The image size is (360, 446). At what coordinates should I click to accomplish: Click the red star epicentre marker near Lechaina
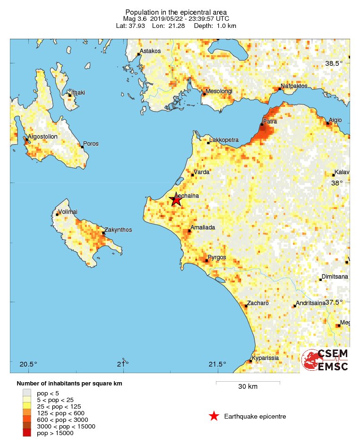pos(176,201)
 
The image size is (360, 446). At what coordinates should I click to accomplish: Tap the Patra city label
pos(270,122)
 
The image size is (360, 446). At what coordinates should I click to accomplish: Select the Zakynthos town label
pos(118,230)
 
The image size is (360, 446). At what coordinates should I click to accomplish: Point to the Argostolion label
pos(43,137)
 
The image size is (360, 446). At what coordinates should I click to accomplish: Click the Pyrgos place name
pos(217,257)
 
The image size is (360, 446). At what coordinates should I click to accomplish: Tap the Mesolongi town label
pos(219,91)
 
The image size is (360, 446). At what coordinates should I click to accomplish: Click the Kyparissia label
pos(265,358)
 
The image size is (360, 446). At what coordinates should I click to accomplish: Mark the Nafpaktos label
pos(294,86)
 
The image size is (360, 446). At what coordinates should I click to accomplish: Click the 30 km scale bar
pos(248,382)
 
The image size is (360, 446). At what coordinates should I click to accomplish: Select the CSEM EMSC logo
pos(326,360)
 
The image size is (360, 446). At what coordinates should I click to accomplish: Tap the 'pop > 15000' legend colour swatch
pos(27,433)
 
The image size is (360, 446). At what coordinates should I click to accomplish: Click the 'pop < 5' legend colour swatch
pos(27,393)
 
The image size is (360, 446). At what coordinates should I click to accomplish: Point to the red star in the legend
pos(214,416)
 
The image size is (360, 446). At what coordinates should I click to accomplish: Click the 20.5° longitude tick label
pos(28,364)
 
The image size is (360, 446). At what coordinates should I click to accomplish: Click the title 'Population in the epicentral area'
pos(176,12)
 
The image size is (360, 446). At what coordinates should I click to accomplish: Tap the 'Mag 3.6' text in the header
pos(134,18)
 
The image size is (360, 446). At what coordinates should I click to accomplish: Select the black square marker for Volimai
pos(57,214)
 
